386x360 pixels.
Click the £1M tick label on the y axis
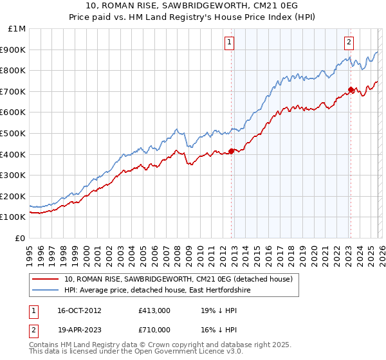(17, 28)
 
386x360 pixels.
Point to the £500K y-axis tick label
(14, 133)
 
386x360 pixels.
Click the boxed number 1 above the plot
(230, 42)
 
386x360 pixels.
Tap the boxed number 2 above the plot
(349, 42)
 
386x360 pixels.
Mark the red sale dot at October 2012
(231, 152)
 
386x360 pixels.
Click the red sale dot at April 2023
(351, 89)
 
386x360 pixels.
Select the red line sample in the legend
(46, 279)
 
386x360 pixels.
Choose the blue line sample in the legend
(46, 291)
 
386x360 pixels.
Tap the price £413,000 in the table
(154, 310)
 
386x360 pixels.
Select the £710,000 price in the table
(154, 329)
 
